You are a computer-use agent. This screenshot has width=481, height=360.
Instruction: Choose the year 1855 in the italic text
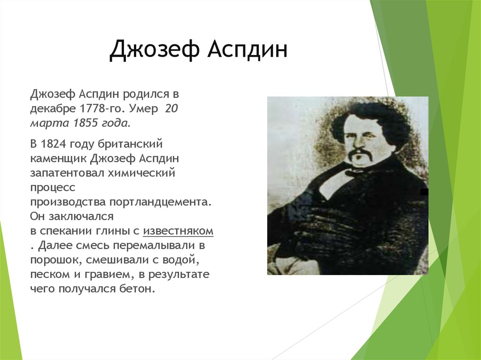[x=87, y=123]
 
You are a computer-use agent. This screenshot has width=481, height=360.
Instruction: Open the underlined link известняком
[x=178, y=231]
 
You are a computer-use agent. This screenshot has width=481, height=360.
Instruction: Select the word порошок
[x=52, y=260]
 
